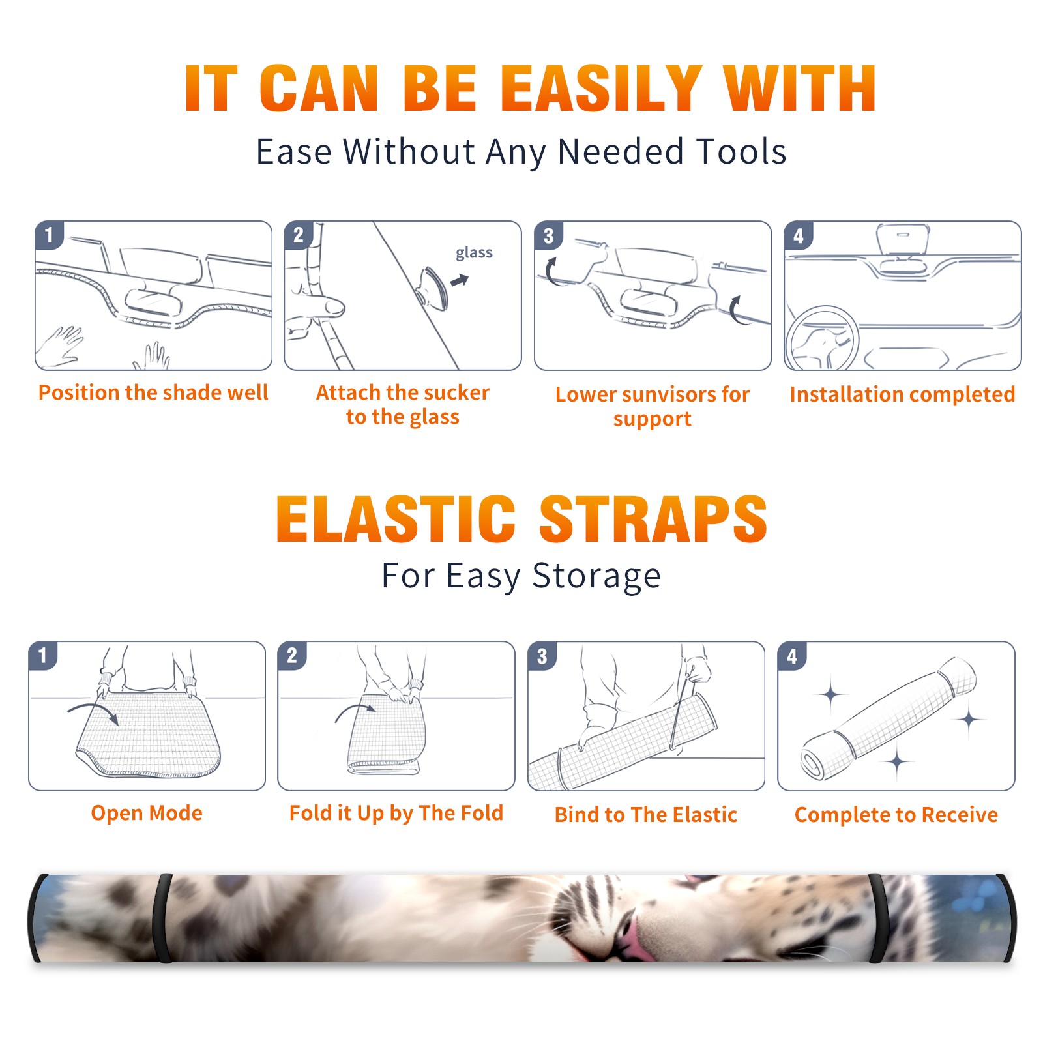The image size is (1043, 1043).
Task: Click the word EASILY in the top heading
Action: tap(601, 89)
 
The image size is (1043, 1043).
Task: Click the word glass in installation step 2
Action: tap(474, 253)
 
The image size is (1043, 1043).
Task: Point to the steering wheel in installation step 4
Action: tap(822, 338)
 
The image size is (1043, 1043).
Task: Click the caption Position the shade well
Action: tap(153, 392)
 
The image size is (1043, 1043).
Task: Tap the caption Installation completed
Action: tap(902, 394)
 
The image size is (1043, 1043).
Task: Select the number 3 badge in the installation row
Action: tap(548, 235)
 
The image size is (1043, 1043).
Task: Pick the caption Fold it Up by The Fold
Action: tap(396, 814)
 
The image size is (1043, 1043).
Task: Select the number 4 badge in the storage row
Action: tap(791, 656)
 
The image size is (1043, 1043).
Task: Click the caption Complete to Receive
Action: tap(896, 815)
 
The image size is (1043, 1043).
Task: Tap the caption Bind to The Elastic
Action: tap(646, 815)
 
